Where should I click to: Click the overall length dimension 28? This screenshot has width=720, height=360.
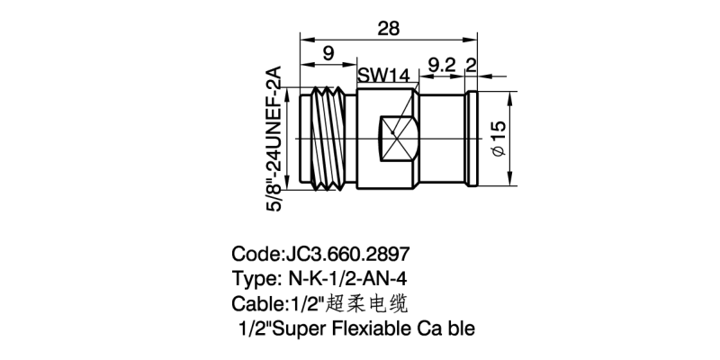(x=389, y=29)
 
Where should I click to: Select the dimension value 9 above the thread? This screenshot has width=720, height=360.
(x=328, y=54)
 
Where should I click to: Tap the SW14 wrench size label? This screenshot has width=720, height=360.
(x=383, y=76)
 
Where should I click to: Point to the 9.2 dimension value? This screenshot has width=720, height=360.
(x=442, y=65)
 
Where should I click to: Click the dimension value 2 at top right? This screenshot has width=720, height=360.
(x=471, y=65)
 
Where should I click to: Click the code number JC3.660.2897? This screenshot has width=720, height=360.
(x=347, y=254)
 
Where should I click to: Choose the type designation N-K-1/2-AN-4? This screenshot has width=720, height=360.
(x=347, y=278)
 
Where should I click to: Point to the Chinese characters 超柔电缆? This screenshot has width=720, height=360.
(x=366, y=303)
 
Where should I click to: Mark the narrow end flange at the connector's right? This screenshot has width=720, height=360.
(x=472, y=139)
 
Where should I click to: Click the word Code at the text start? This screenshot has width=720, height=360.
(x=255, y=254)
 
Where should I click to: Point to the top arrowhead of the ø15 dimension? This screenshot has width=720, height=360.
(x=509, y=96)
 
